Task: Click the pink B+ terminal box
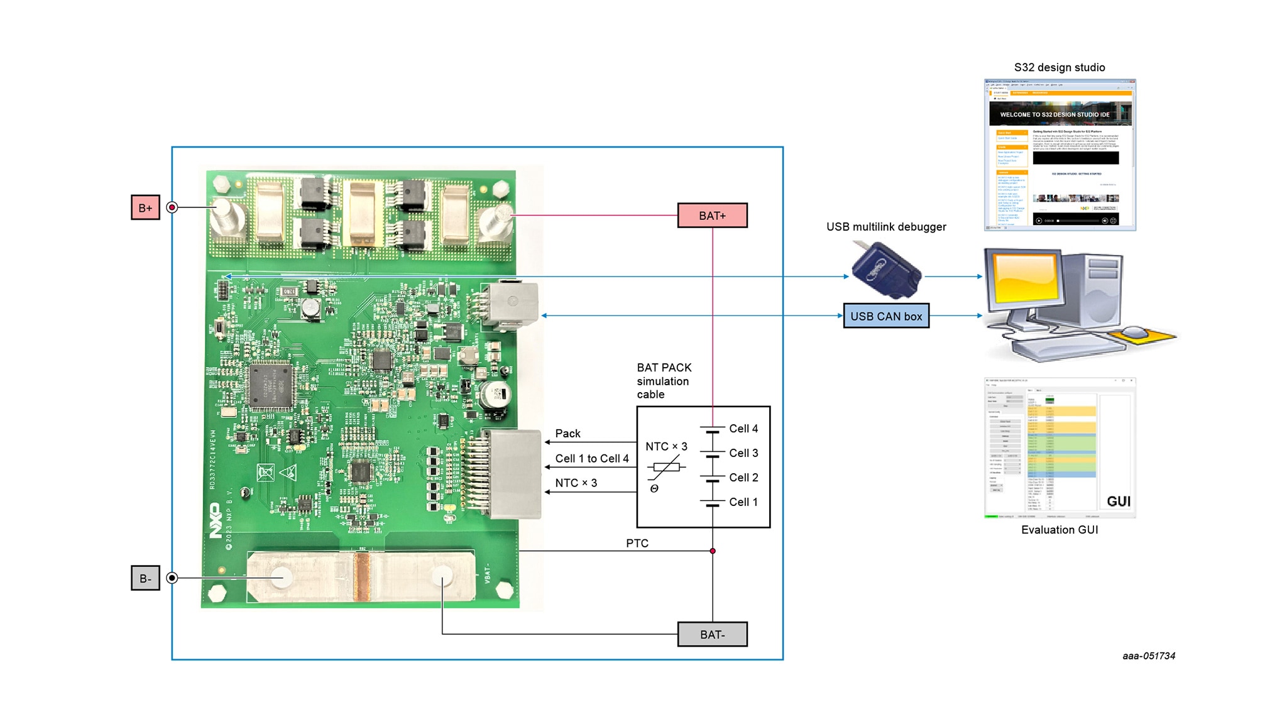[145, 207]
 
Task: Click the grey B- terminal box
[145, 578]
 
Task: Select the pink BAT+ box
[712, 216]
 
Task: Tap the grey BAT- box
[712, 634]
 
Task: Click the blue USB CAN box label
[886, 316]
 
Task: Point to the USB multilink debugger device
[887, 271]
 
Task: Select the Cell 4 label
[743, 429]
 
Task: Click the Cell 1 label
[743, 502]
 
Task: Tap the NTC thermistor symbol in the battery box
[666, 468]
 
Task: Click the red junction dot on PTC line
[713, 551]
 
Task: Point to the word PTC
[637, 543]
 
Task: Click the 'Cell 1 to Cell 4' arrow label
[591, 459]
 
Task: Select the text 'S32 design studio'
[1060, 67]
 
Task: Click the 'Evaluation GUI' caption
[1060, 530]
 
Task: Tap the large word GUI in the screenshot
[1118, 502]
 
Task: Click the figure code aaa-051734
[1149, 656]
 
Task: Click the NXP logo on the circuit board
[215, 520]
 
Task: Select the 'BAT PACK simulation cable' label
[664, 381]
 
